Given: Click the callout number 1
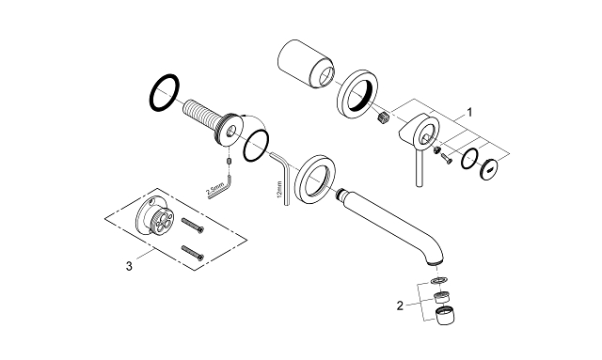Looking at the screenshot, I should (x=469, y=110).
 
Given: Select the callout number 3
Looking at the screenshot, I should (x=128, y=266).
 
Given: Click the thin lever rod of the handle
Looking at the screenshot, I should (x=413, y=170).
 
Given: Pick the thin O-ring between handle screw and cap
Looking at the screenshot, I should (x=469, y=156).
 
